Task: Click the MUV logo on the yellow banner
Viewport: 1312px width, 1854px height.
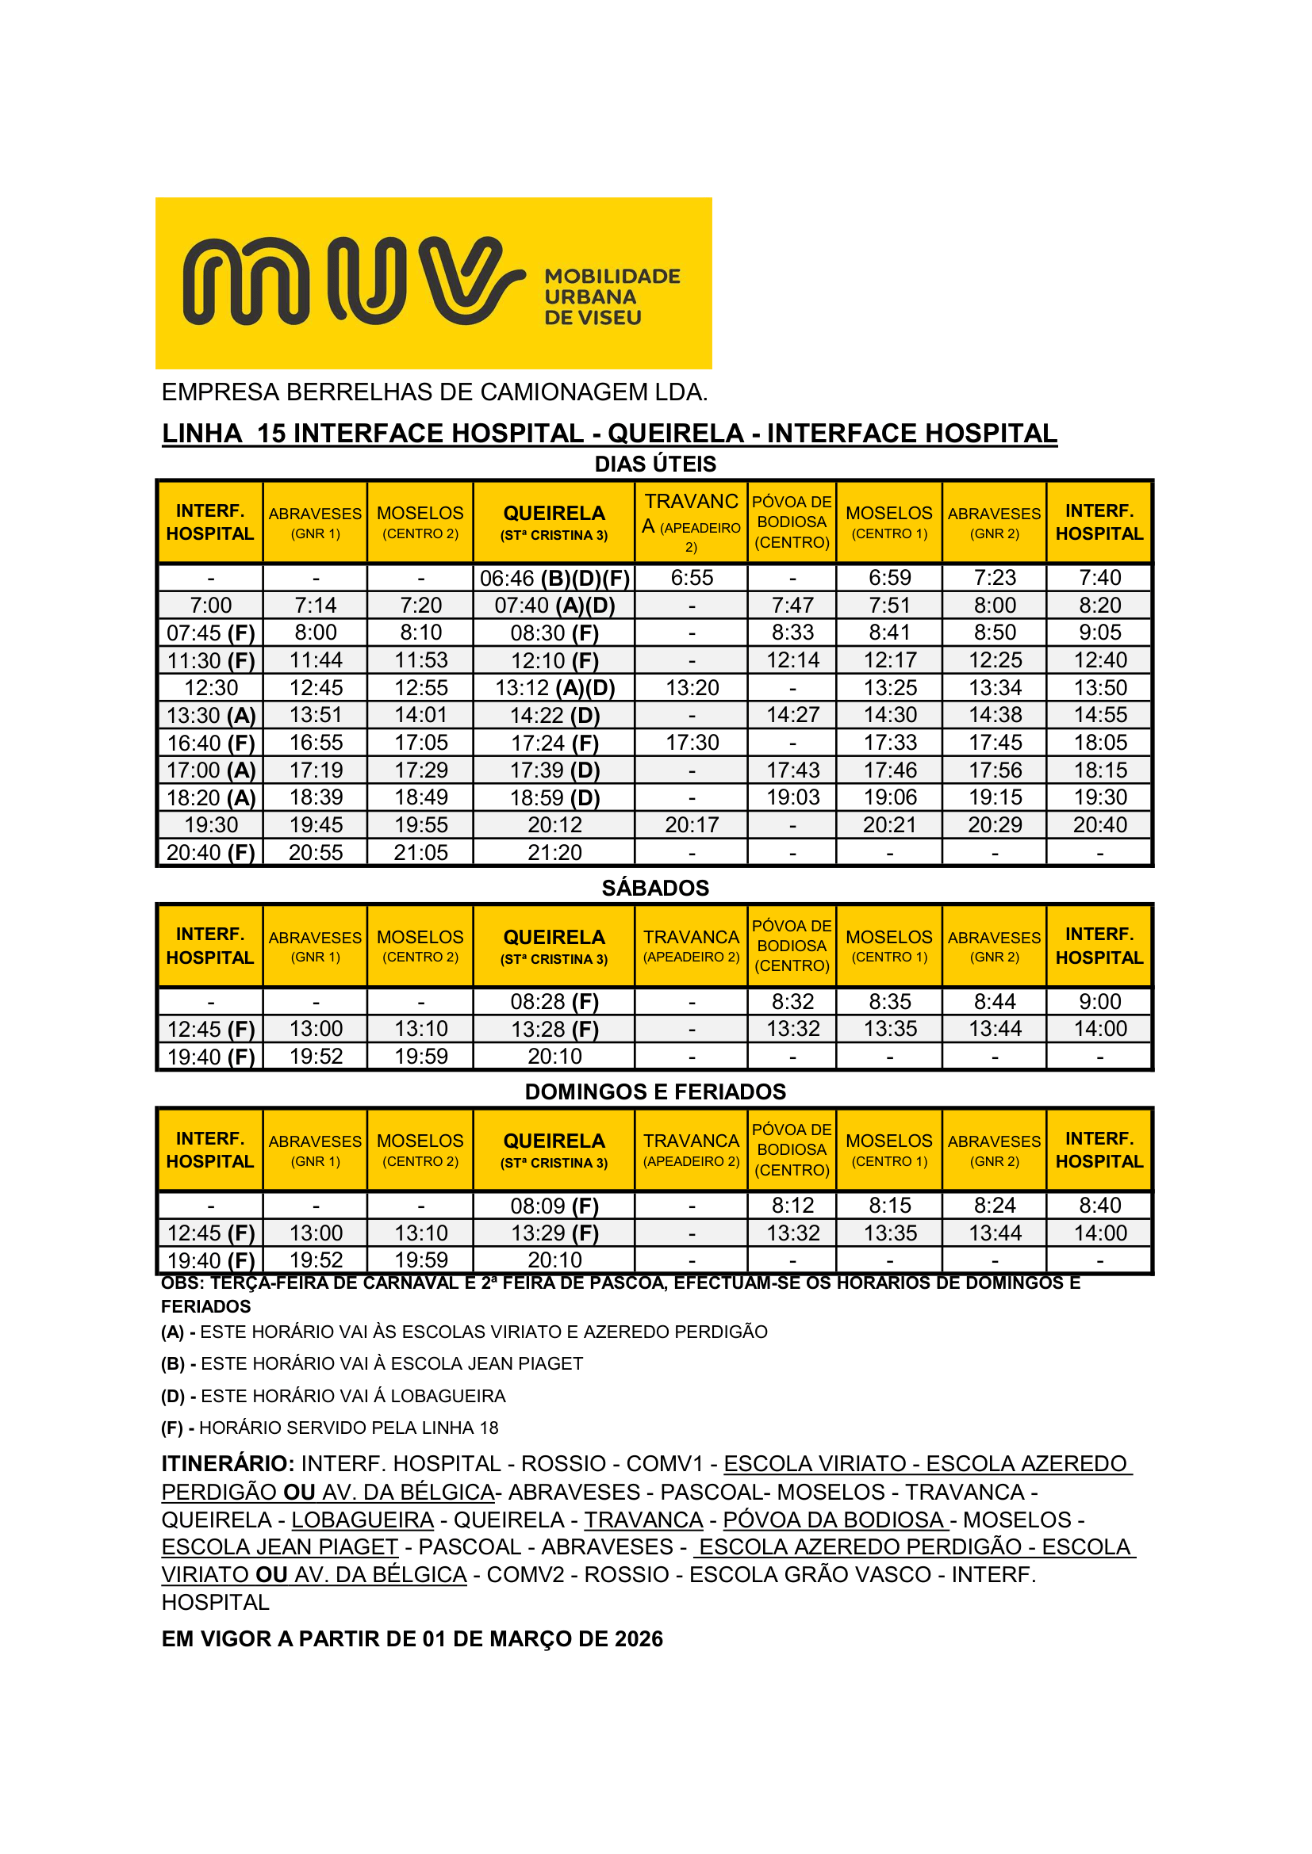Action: coord(354,281)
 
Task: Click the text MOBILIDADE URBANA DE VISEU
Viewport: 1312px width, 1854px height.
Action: coord(612,297)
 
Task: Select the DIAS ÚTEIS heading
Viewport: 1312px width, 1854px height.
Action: coord(655,464)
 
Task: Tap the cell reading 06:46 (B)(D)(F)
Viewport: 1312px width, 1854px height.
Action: coord(554,578)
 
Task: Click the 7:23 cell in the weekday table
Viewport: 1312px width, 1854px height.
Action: coord(995,578)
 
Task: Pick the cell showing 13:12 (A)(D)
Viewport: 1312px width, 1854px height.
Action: coord(554,688)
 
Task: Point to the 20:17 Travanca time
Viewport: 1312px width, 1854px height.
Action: coord(692,825)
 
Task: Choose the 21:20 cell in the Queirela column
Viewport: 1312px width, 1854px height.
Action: coord(554,853)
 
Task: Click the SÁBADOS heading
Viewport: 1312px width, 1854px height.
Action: coord(655,889)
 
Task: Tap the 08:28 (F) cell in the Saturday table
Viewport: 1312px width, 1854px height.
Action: coord(554,1002)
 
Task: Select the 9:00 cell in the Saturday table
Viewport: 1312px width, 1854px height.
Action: coord(1099,1002)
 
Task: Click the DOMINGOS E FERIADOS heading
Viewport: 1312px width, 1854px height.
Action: coord(655,1091)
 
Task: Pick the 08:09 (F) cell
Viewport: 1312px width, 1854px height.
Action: coord(554,1206)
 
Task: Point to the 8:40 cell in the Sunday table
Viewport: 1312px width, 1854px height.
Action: coord(1099,1206)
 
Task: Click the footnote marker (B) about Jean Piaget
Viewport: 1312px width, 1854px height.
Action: coord(173,1364)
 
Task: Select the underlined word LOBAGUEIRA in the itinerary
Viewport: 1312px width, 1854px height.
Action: coord(363,1520)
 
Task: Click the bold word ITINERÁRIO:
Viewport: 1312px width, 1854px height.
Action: coord(228,1464)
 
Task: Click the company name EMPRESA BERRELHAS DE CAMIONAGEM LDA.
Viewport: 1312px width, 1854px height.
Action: coord(435,392)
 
